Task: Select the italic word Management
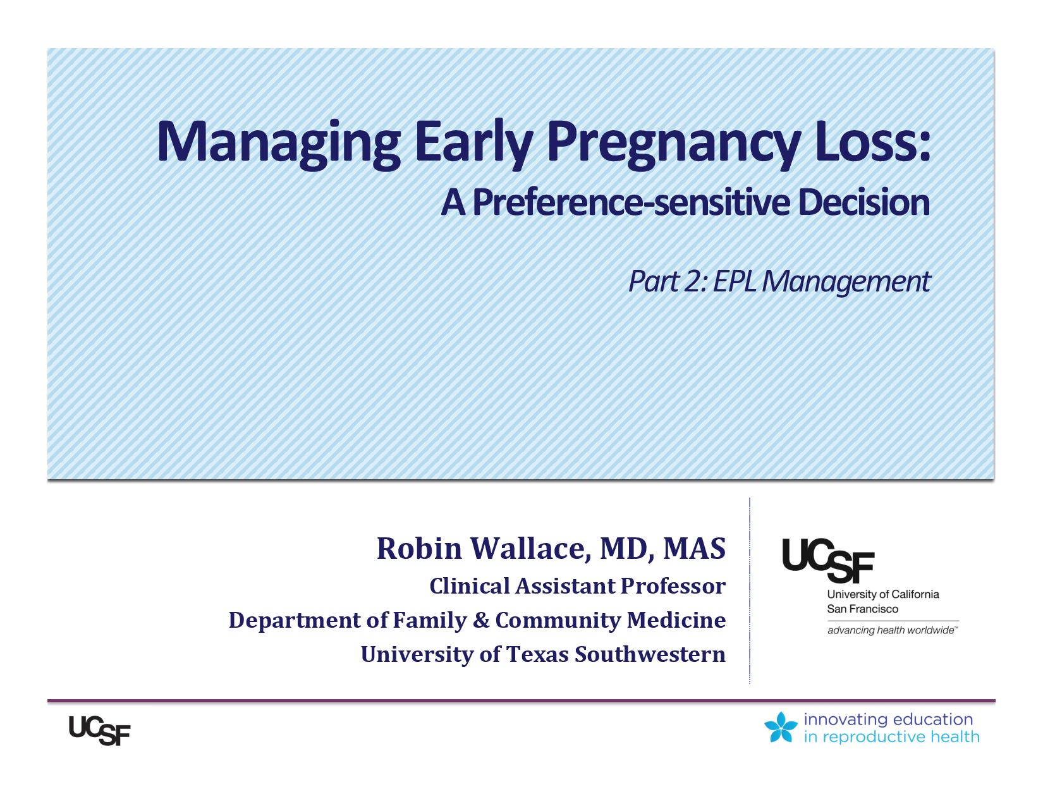pyautogui.click(x=846, y=283)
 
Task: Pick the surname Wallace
pyautogui.click(x=531, y=549)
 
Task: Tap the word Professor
pyautogui.click(x=673, y=586)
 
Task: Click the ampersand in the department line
pyautogui.click(x=482, y=620)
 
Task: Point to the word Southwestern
pyautogui.click(x=650, y=654)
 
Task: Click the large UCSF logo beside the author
pyautogui.click(x=828, y=560)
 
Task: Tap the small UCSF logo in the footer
pyautogui.click(x=99, y=730)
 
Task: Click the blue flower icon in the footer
pyautogui.click(x=781, y=727)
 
